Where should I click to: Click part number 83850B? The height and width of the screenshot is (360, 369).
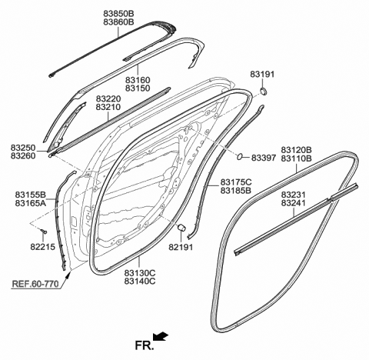pos(118,13)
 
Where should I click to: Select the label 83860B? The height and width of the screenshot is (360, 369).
pos(118,22)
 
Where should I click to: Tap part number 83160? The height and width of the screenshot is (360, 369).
pos(138,80)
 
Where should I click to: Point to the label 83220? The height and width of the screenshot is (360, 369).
pos(108,98)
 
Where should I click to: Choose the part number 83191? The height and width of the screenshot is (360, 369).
pos(262,74)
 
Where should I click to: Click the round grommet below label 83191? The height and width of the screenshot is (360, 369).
pos(263,91)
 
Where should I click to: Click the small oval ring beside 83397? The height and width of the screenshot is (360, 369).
pos(240,156)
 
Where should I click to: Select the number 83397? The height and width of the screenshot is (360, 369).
pos(264,158)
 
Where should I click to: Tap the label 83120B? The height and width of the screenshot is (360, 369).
pos(296,149)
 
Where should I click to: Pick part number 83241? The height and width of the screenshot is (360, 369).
pos(294,203)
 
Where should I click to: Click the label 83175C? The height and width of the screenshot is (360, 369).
pos(236,182)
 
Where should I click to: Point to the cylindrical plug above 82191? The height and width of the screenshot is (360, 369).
pos(181,228)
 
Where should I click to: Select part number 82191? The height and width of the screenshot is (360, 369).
pos(181,247)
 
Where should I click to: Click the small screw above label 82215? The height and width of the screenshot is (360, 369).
pos(44,232)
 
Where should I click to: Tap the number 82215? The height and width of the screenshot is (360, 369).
pos(43,247)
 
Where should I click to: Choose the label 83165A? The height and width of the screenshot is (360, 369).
pos(30,203)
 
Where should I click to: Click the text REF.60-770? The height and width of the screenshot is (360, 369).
pos(35,284)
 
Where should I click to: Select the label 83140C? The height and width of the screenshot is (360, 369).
pos(140,282)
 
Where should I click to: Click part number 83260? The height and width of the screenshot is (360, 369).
pos(23,155)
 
